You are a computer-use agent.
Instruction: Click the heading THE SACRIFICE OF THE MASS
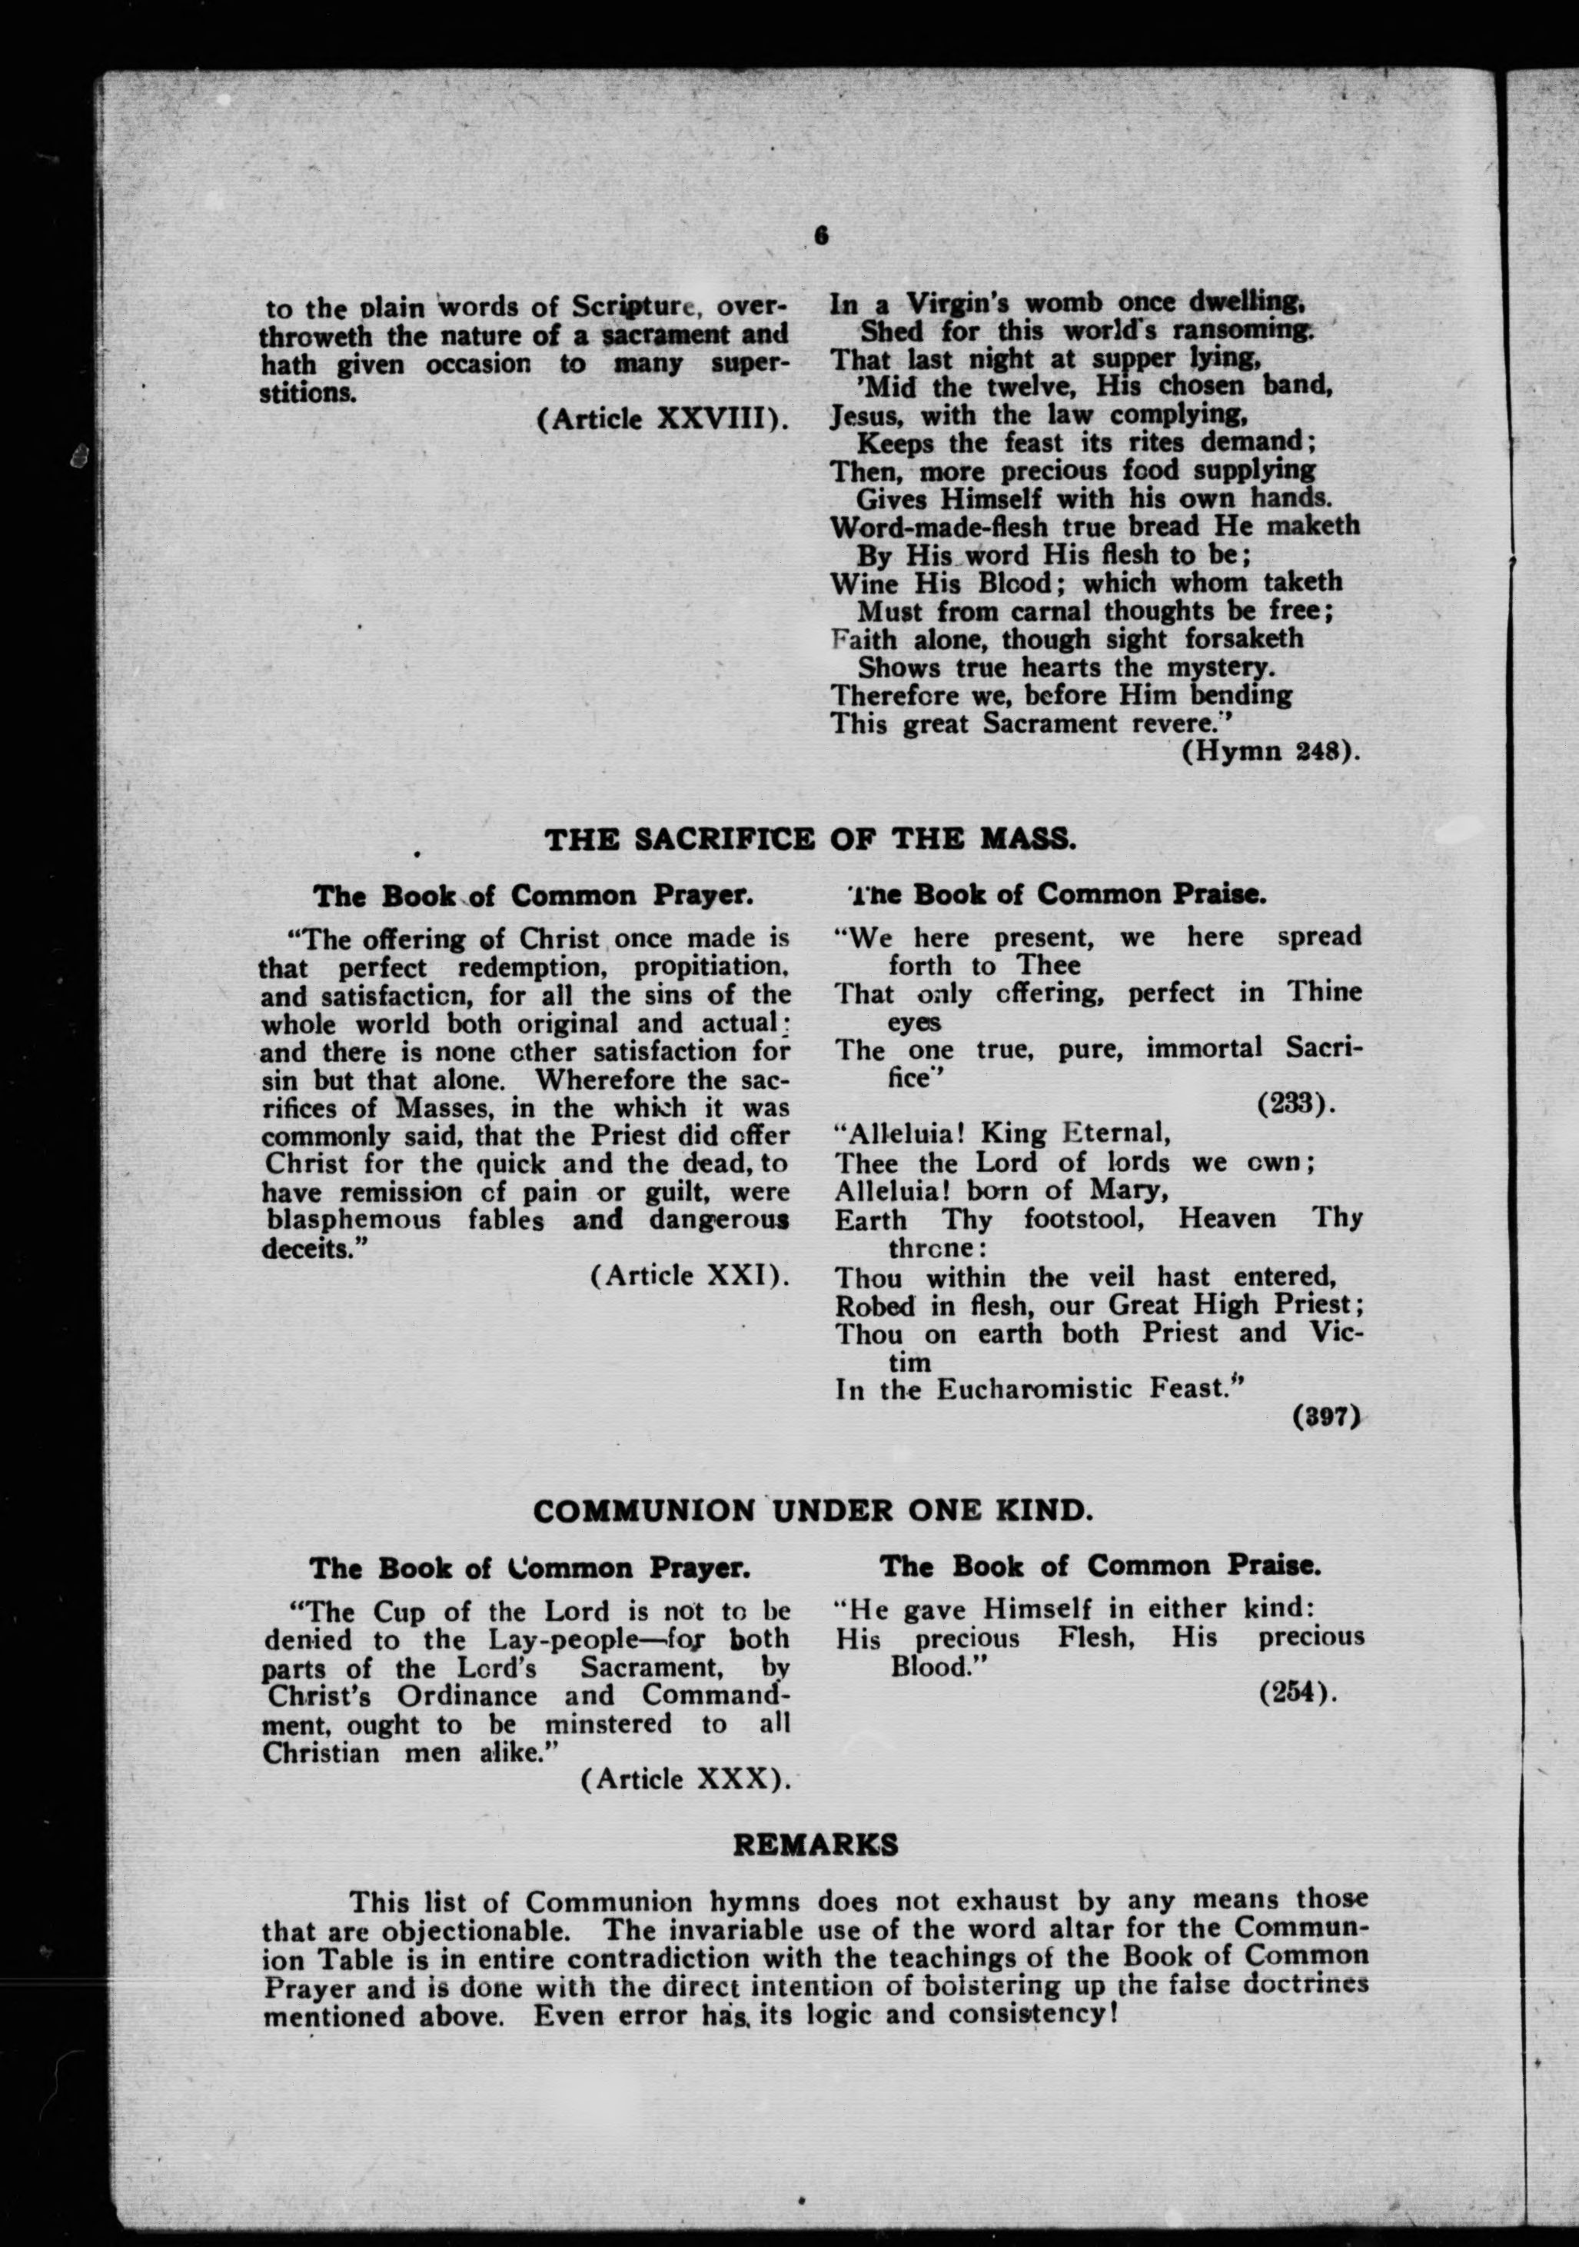810,839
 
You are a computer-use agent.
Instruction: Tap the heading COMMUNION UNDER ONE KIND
811,1510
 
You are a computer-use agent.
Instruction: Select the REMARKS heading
815,1846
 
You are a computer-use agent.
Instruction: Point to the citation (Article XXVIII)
663,420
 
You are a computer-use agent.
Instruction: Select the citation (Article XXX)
685,1779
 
